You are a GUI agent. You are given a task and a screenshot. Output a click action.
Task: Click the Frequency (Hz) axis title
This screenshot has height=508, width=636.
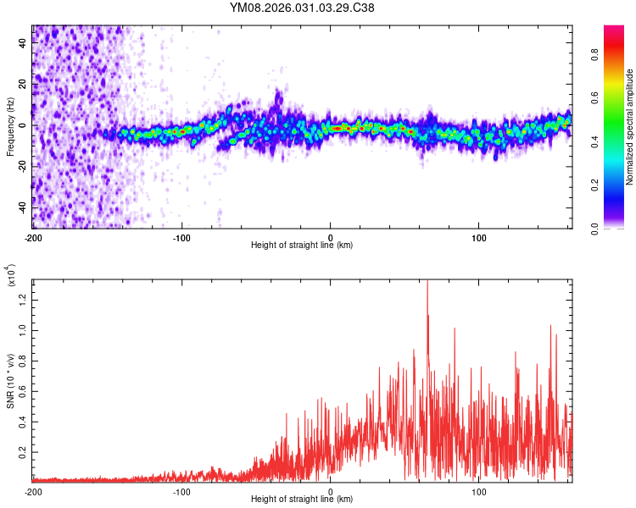point(10,126)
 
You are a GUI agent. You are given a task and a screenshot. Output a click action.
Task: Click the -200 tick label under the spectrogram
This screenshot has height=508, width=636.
point(33,238)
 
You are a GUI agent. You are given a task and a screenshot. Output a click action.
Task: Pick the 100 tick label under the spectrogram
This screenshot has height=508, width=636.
point(478,238)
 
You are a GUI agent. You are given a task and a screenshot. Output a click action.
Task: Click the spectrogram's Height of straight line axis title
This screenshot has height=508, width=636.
point(302,246)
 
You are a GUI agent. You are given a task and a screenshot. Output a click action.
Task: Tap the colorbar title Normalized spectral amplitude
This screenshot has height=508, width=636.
point(630,126)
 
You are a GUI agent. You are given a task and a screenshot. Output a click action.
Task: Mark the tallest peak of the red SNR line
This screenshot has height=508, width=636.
point(427,281)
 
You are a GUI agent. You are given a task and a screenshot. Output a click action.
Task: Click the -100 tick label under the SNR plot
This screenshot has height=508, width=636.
point(181,491)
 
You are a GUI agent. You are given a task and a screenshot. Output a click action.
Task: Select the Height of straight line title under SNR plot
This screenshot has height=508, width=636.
point(302,500)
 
